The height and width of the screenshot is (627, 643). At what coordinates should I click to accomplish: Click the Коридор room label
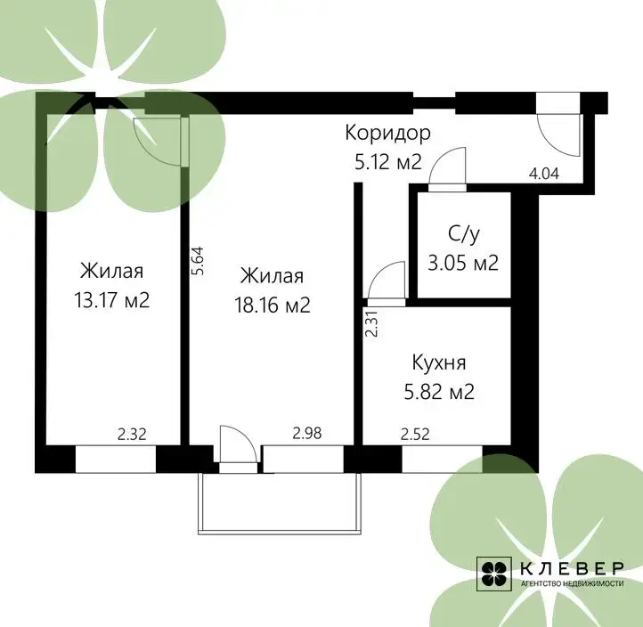(387, 133)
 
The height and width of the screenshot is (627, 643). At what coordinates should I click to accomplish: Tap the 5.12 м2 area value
(388, 162)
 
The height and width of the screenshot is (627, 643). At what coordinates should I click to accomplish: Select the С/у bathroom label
(463, 234)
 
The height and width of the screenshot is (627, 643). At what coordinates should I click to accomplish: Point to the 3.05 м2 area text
(463, 263)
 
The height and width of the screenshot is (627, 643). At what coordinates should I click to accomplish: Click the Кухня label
(439, 362)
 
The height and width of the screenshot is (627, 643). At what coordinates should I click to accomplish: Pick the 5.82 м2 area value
(439, 392)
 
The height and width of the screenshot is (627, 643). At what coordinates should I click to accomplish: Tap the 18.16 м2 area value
(273, 305)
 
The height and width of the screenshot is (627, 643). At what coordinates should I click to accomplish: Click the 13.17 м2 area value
(112, 300)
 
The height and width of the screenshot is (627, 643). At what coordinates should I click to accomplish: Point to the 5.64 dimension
(198, 260)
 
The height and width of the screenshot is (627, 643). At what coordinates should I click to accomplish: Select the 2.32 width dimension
(132, 435)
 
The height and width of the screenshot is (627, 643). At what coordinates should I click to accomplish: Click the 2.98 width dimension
(306, 433)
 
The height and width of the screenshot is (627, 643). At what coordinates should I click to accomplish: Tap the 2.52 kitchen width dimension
(415, 435)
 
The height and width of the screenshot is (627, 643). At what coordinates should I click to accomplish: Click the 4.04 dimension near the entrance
(544, 174)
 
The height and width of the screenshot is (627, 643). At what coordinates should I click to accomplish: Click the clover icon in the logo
(493, 574)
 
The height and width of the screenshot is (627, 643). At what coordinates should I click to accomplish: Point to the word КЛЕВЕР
(572, 568)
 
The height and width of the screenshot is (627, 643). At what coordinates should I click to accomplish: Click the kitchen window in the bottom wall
(442, 459)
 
